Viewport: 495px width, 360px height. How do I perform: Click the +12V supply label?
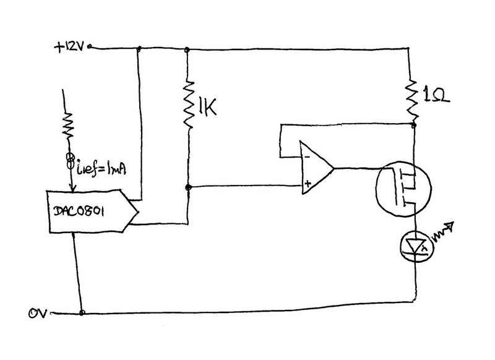point(69,48)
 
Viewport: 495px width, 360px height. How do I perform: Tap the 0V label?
point(38,314)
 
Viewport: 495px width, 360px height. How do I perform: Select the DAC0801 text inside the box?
point(79,211)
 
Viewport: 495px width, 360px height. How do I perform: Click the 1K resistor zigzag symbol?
point(189,104)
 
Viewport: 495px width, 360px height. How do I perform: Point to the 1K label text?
point(207,107)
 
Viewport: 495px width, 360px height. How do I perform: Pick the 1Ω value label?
point(437,95)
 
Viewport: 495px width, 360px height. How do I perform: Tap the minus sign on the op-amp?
point(306,156)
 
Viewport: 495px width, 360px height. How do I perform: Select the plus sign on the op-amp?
point(308,184)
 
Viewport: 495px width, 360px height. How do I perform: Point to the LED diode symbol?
point(416,246)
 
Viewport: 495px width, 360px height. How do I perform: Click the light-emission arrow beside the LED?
point(443,231)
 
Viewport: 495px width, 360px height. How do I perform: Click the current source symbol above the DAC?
point(70,160)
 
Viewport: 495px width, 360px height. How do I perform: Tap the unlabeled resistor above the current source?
point(68,124)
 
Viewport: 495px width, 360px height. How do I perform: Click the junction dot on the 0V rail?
point(82,312)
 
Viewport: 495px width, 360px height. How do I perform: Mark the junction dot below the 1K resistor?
point(188,187)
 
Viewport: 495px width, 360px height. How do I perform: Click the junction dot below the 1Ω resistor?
point(414,126)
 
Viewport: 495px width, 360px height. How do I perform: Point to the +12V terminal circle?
point(89,47)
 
